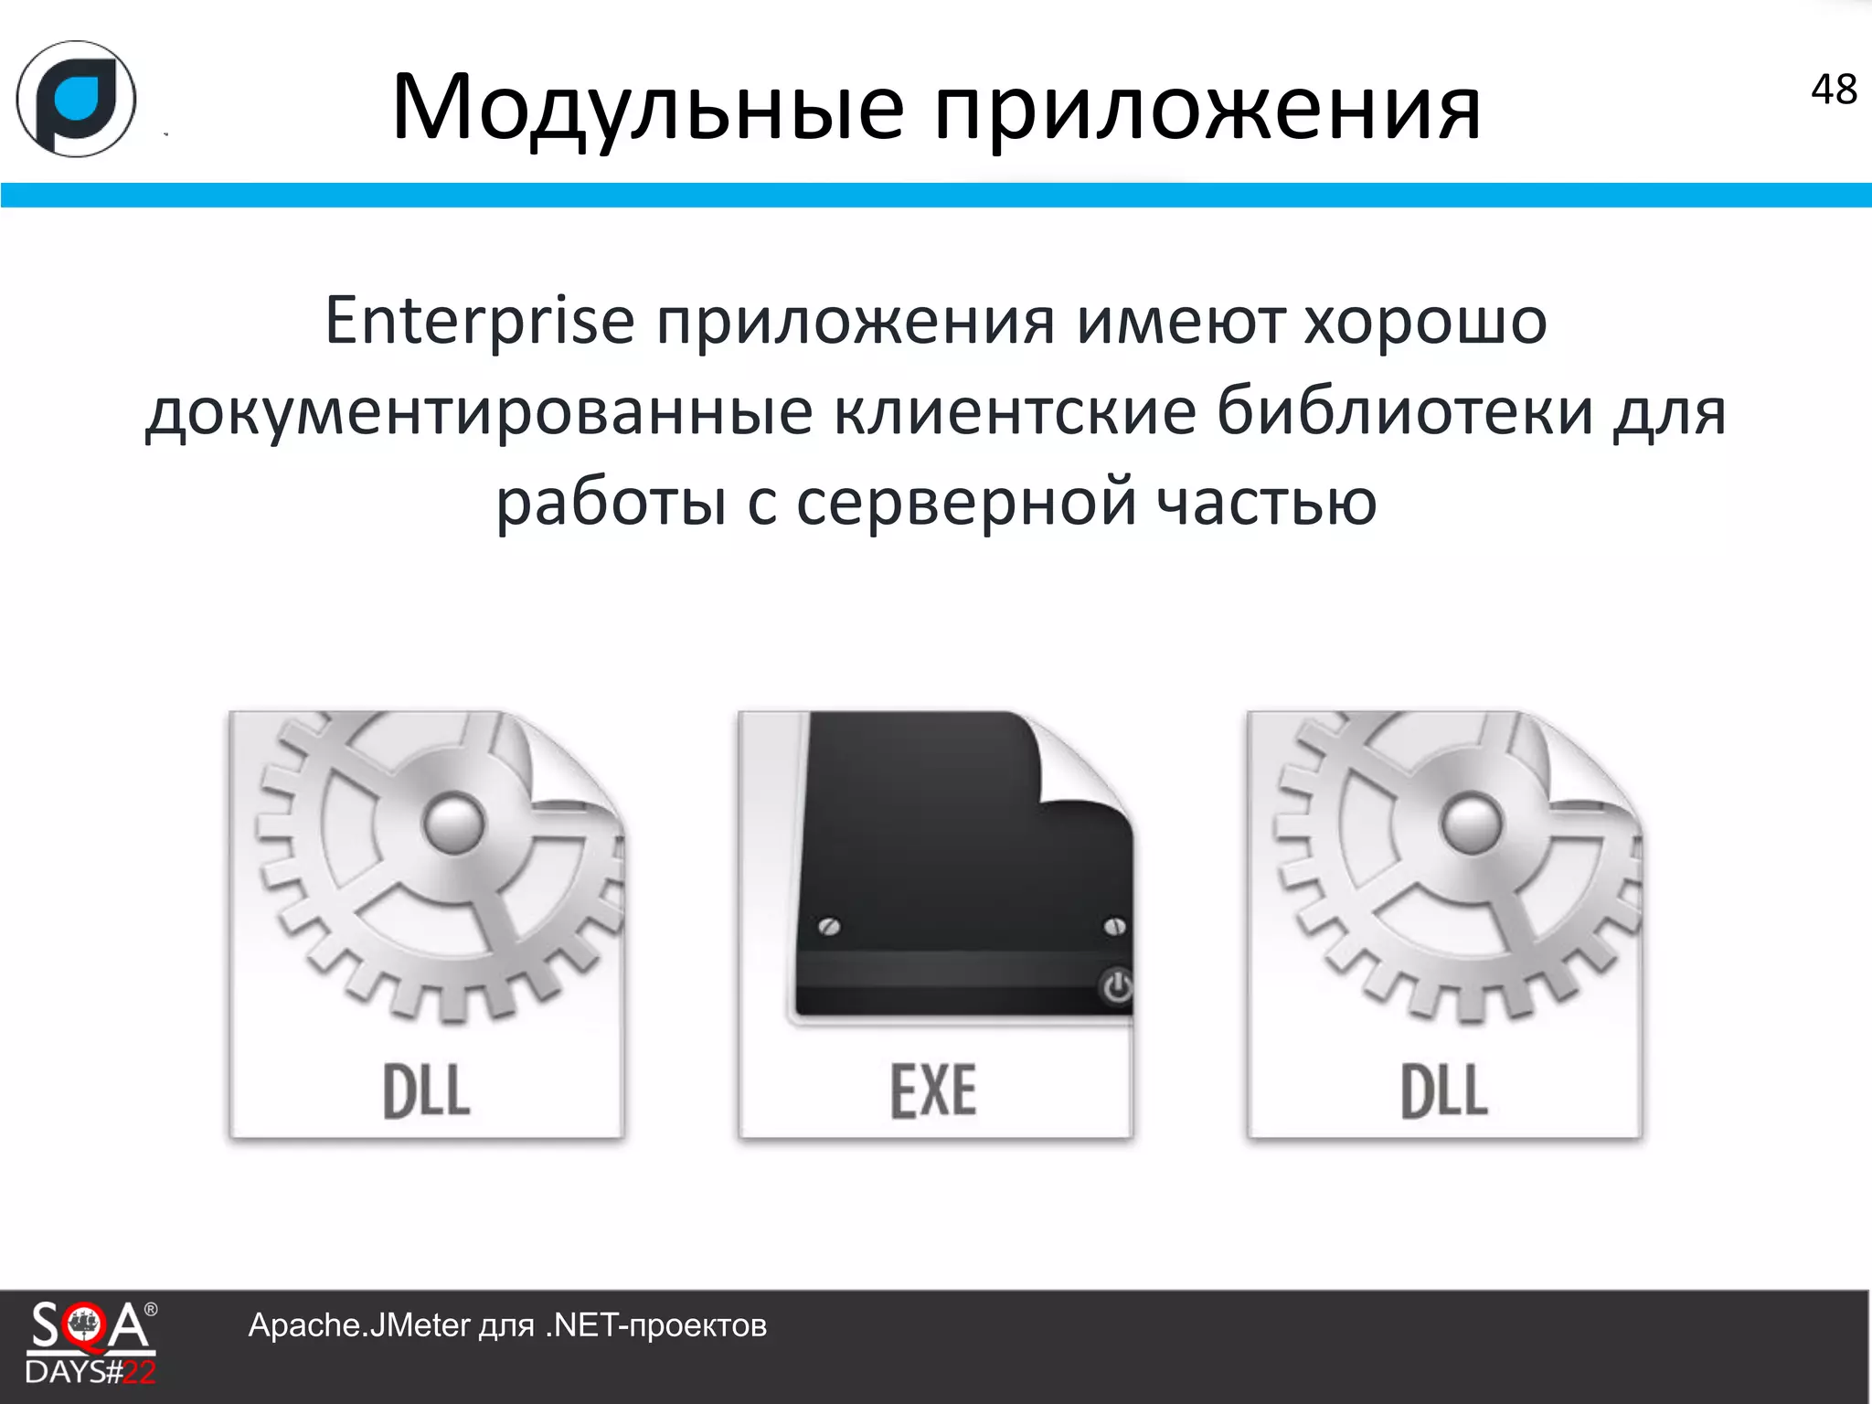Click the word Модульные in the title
pos(647,108)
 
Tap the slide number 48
pos(1834,90)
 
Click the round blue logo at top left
pos(77,99)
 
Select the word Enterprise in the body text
pos(479,322)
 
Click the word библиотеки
pos(1406,411)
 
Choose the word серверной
pos(966,503)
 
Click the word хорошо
pos(1424,322)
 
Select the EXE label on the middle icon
pos(933,1091)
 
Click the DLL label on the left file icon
pos(426,1091)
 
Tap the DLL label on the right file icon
pos(1444,1091)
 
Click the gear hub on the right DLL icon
pos(1471,822)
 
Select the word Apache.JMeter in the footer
pos(358,1325)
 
